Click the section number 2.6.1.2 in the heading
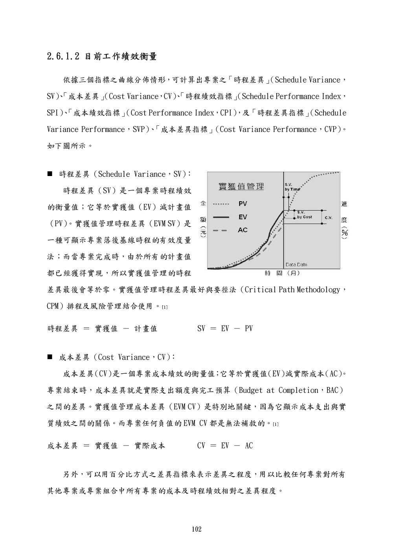(x=63, y=57)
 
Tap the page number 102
(x=196, y=529)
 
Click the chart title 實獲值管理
(x=241, y=186)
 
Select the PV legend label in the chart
(x=243, y=204)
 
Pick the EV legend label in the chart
(x=243, y=217)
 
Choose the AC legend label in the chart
(x=243, y=230)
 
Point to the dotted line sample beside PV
(x=221, y=204)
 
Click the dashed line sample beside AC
(x=221, y=230)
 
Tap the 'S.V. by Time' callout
(x=292, y=187)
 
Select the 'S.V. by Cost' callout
(x=304, y=215)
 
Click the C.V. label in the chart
(x=329, y=217)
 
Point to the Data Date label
(x=296, y=264)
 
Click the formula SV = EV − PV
(x=225, y=328)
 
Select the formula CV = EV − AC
(x=225, y=446)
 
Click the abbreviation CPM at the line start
(x=53, y=306)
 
